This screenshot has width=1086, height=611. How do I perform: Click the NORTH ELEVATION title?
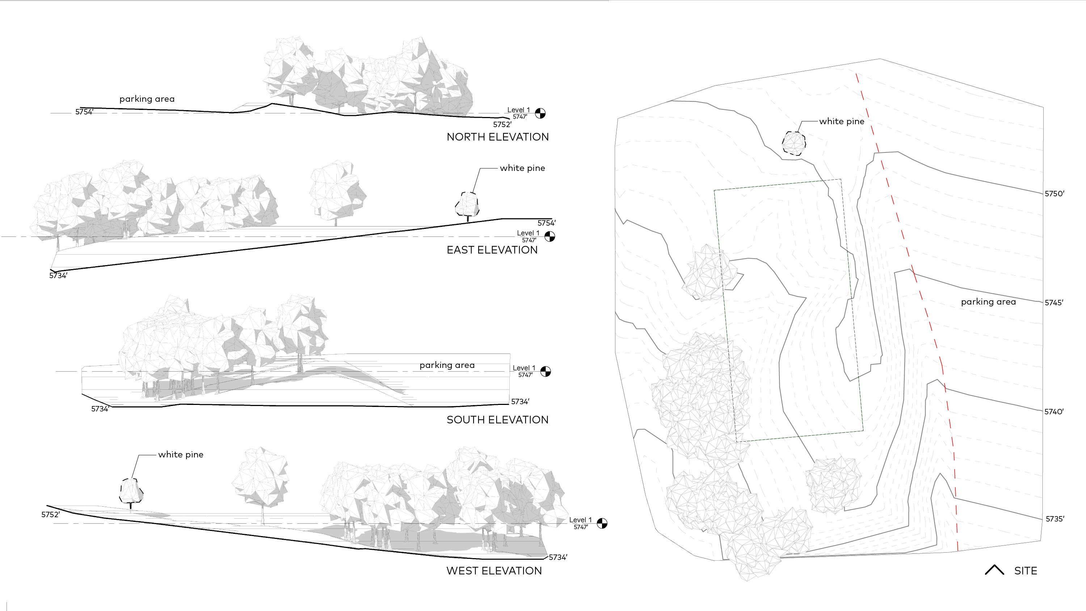pos(497,137)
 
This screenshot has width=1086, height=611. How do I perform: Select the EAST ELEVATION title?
pos(492,250)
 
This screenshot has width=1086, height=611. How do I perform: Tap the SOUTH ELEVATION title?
pos(497,420)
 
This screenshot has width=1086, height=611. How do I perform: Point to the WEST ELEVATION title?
pos(494,571)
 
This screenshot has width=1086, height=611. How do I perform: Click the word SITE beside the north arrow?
pos(1025,571)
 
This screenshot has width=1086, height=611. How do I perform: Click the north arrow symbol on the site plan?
pos(994,570)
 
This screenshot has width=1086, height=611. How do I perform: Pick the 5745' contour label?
pos(1053,303)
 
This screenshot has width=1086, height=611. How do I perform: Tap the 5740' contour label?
pos(1053,412)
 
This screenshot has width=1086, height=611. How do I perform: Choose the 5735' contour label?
pos(1055,519)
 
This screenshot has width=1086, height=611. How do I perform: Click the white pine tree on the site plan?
pos(794,143)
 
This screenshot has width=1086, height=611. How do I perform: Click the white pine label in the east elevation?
pos(522,168)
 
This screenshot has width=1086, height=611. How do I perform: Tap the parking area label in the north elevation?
pos(147,99)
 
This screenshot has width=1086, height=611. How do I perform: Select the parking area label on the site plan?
pos(988,302)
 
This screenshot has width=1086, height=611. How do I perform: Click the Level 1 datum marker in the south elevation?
pos(545,371)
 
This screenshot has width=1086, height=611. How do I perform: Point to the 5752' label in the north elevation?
pos(502,124)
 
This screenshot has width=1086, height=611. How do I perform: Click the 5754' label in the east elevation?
pos(546,223)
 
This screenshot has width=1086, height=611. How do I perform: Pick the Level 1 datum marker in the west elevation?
pos(602,523)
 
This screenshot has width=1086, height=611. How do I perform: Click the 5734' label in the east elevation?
pos(58,276)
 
